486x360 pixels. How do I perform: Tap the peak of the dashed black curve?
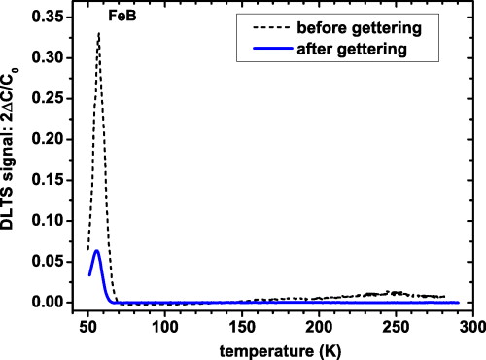pos(98,34)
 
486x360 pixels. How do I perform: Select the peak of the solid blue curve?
pos(96,250)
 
